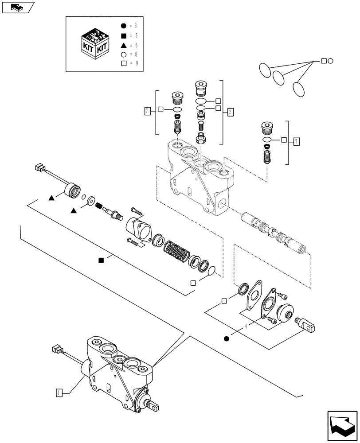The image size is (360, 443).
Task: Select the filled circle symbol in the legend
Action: click(x=124, y=25)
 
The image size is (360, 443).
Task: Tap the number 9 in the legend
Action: click(x=137, y=63)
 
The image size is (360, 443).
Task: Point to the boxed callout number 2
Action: click(x=231, y=112)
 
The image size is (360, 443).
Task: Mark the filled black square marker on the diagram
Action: click(x=102, y=260)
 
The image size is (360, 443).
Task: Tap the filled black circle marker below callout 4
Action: click(x=227, y=339)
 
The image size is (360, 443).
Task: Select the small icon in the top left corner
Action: click(x=17, y=7)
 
